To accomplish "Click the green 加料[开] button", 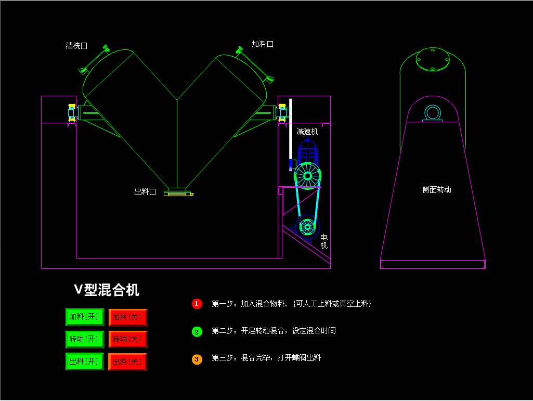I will (85, 317).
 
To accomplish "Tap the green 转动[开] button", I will (85, 339).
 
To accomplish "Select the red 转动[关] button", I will (128, 339).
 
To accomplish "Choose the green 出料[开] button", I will (85, 361).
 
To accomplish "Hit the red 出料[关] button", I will (128, 361).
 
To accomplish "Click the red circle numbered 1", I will (197, 304).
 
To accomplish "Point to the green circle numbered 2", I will (197, 331).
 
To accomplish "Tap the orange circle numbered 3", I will (197, 359).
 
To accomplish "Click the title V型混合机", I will (106, 290).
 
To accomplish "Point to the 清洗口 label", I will (76, 46).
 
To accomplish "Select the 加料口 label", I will (263, 44).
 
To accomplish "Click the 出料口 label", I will (145, 192).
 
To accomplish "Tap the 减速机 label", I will (307, 132).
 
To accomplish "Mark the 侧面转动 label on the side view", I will (437, 190).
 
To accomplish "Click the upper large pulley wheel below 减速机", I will (307, 176).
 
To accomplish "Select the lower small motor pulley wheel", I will (307, 226).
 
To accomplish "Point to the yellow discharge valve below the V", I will (178, 193).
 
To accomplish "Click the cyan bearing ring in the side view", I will (433, 112).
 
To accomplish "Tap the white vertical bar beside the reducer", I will (291, 130).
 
